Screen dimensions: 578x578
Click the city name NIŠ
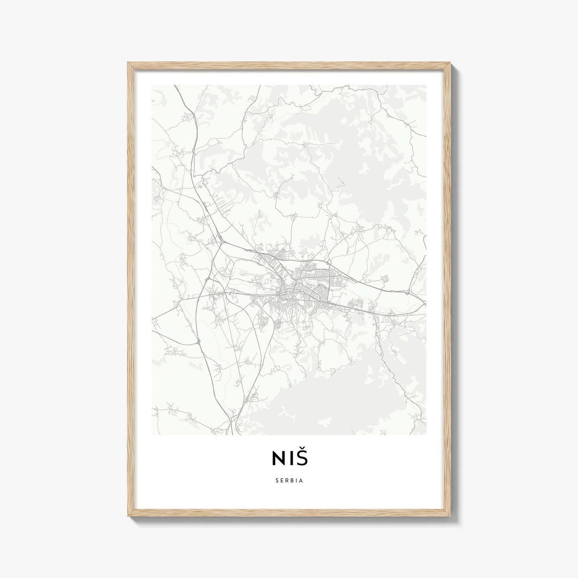tap(289, 459)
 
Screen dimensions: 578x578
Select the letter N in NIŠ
tap(277, 460)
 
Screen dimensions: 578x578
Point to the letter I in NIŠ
tap(289, 460)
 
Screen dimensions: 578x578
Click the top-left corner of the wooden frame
tap(128, 64)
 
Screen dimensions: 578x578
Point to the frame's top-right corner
tap(450, 64)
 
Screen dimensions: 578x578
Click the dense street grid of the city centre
tap(292, 292)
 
